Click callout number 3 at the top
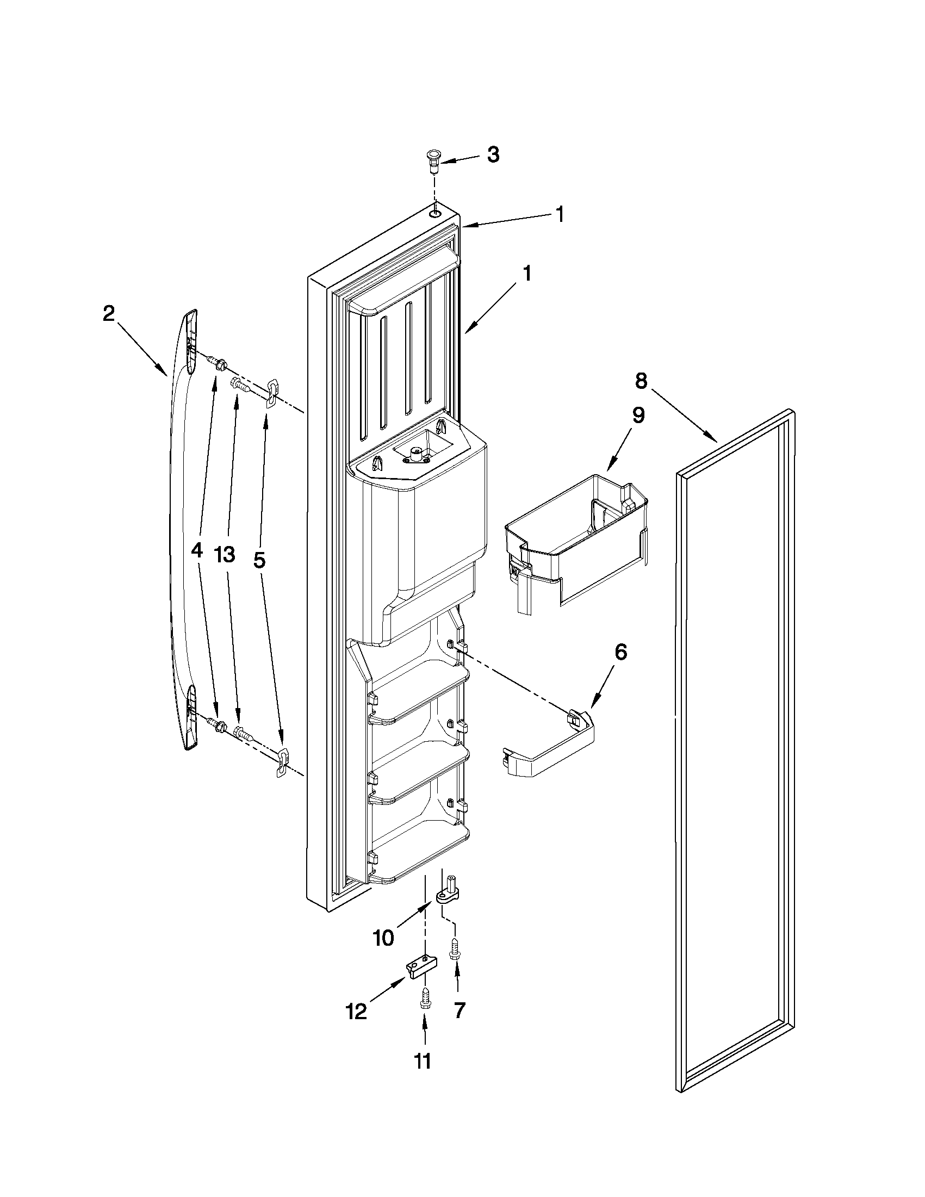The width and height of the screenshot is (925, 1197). [493, 155]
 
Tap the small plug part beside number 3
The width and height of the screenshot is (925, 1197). [433, 162]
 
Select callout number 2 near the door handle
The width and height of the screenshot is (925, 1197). [109, 313]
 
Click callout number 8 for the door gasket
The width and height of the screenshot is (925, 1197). [641, 380]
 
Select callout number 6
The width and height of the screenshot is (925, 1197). [620, 652]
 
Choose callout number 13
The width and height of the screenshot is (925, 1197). [225, 554]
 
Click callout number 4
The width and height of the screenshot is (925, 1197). [197, 550]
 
